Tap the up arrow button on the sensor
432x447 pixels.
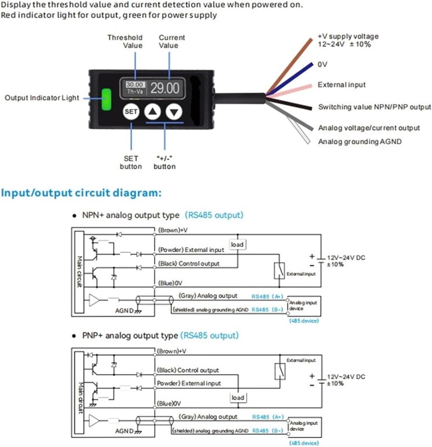click(152, 112)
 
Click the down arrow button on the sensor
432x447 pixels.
click(174, 112)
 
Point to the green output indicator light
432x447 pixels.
click(106, 99)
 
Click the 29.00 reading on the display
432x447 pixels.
click(165, 88)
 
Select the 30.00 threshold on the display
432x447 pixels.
click(135, 85)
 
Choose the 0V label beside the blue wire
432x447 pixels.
click(322, 64)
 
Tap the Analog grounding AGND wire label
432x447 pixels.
click(360, 142)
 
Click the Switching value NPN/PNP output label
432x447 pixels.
click(374, 107)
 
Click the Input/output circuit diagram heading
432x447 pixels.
click(81, 193)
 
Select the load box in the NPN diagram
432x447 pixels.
click(237, 245)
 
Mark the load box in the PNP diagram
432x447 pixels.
click(238, 398)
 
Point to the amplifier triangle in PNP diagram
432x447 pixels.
click(94, 421)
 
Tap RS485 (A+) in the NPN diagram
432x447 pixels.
click(267, 297)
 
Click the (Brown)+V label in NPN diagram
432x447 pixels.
click(173, 230)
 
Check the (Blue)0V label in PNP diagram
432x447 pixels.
click(169, 403)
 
